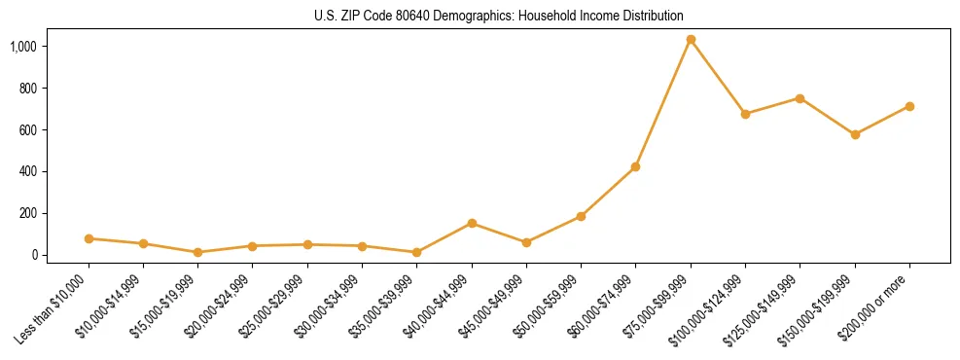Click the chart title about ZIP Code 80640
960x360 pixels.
(x=499, y=17)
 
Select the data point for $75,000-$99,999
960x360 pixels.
(x=691, y=40)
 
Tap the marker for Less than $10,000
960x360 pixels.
(x=89, y=238)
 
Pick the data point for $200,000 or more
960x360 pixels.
(x=909, y=106)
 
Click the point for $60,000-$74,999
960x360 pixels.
(x=635, y=167)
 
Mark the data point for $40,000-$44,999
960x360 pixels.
(x=472, y=224)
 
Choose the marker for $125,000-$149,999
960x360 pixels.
(x=800, y=98)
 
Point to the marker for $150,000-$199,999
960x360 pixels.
(x=855, y=134)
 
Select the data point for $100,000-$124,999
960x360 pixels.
(x=745, y=114)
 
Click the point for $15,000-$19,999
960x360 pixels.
(x=197, y=252)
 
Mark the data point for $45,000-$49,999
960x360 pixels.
(x=526, y=242)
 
